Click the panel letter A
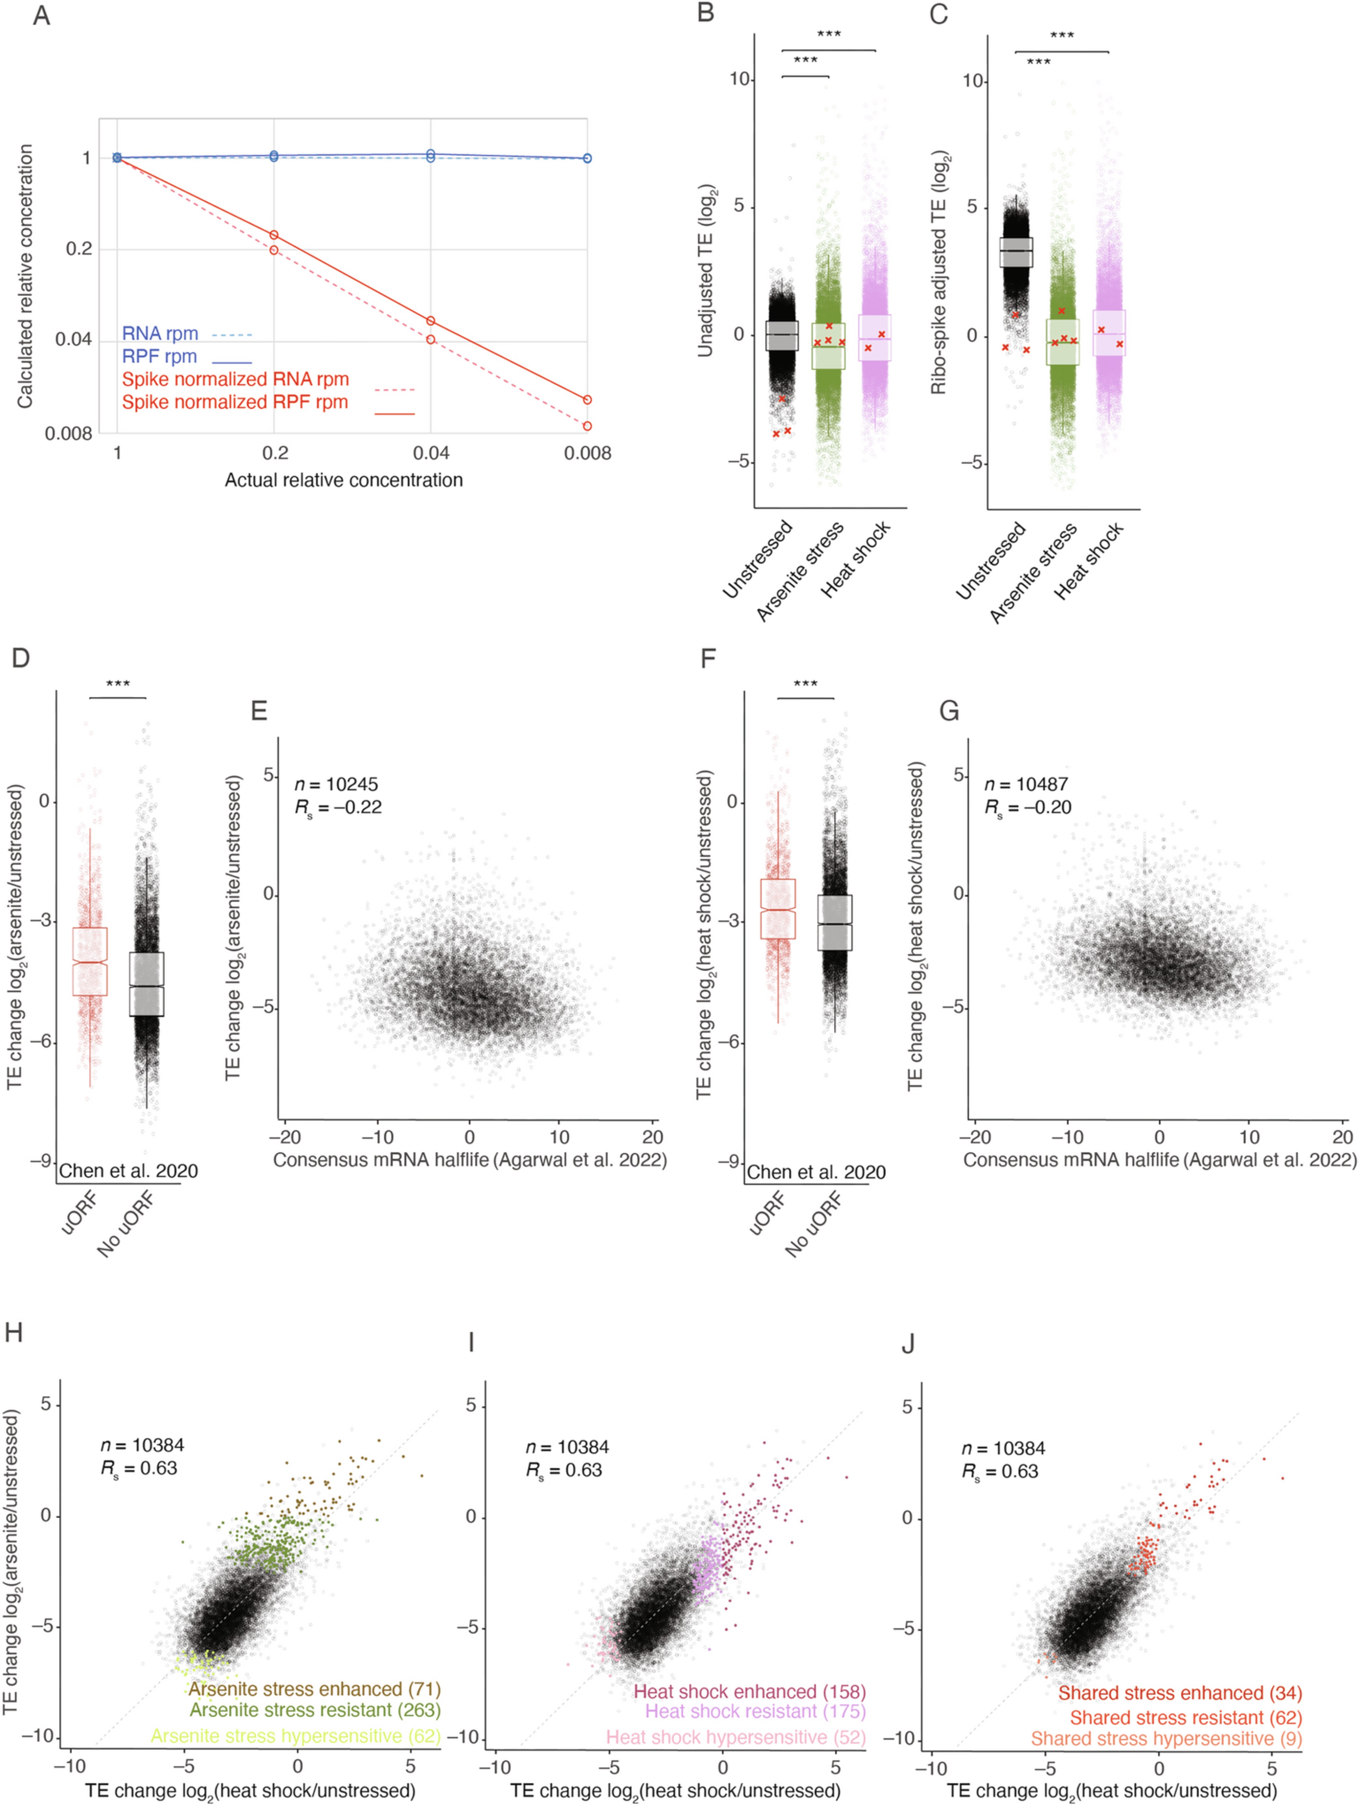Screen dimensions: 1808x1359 (x=41, y=16)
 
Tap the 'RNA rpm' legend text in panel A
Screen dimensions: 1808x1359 (x=160, y=333)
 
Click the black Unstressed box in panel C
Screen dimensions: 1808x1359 (x=1016, y=253)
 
